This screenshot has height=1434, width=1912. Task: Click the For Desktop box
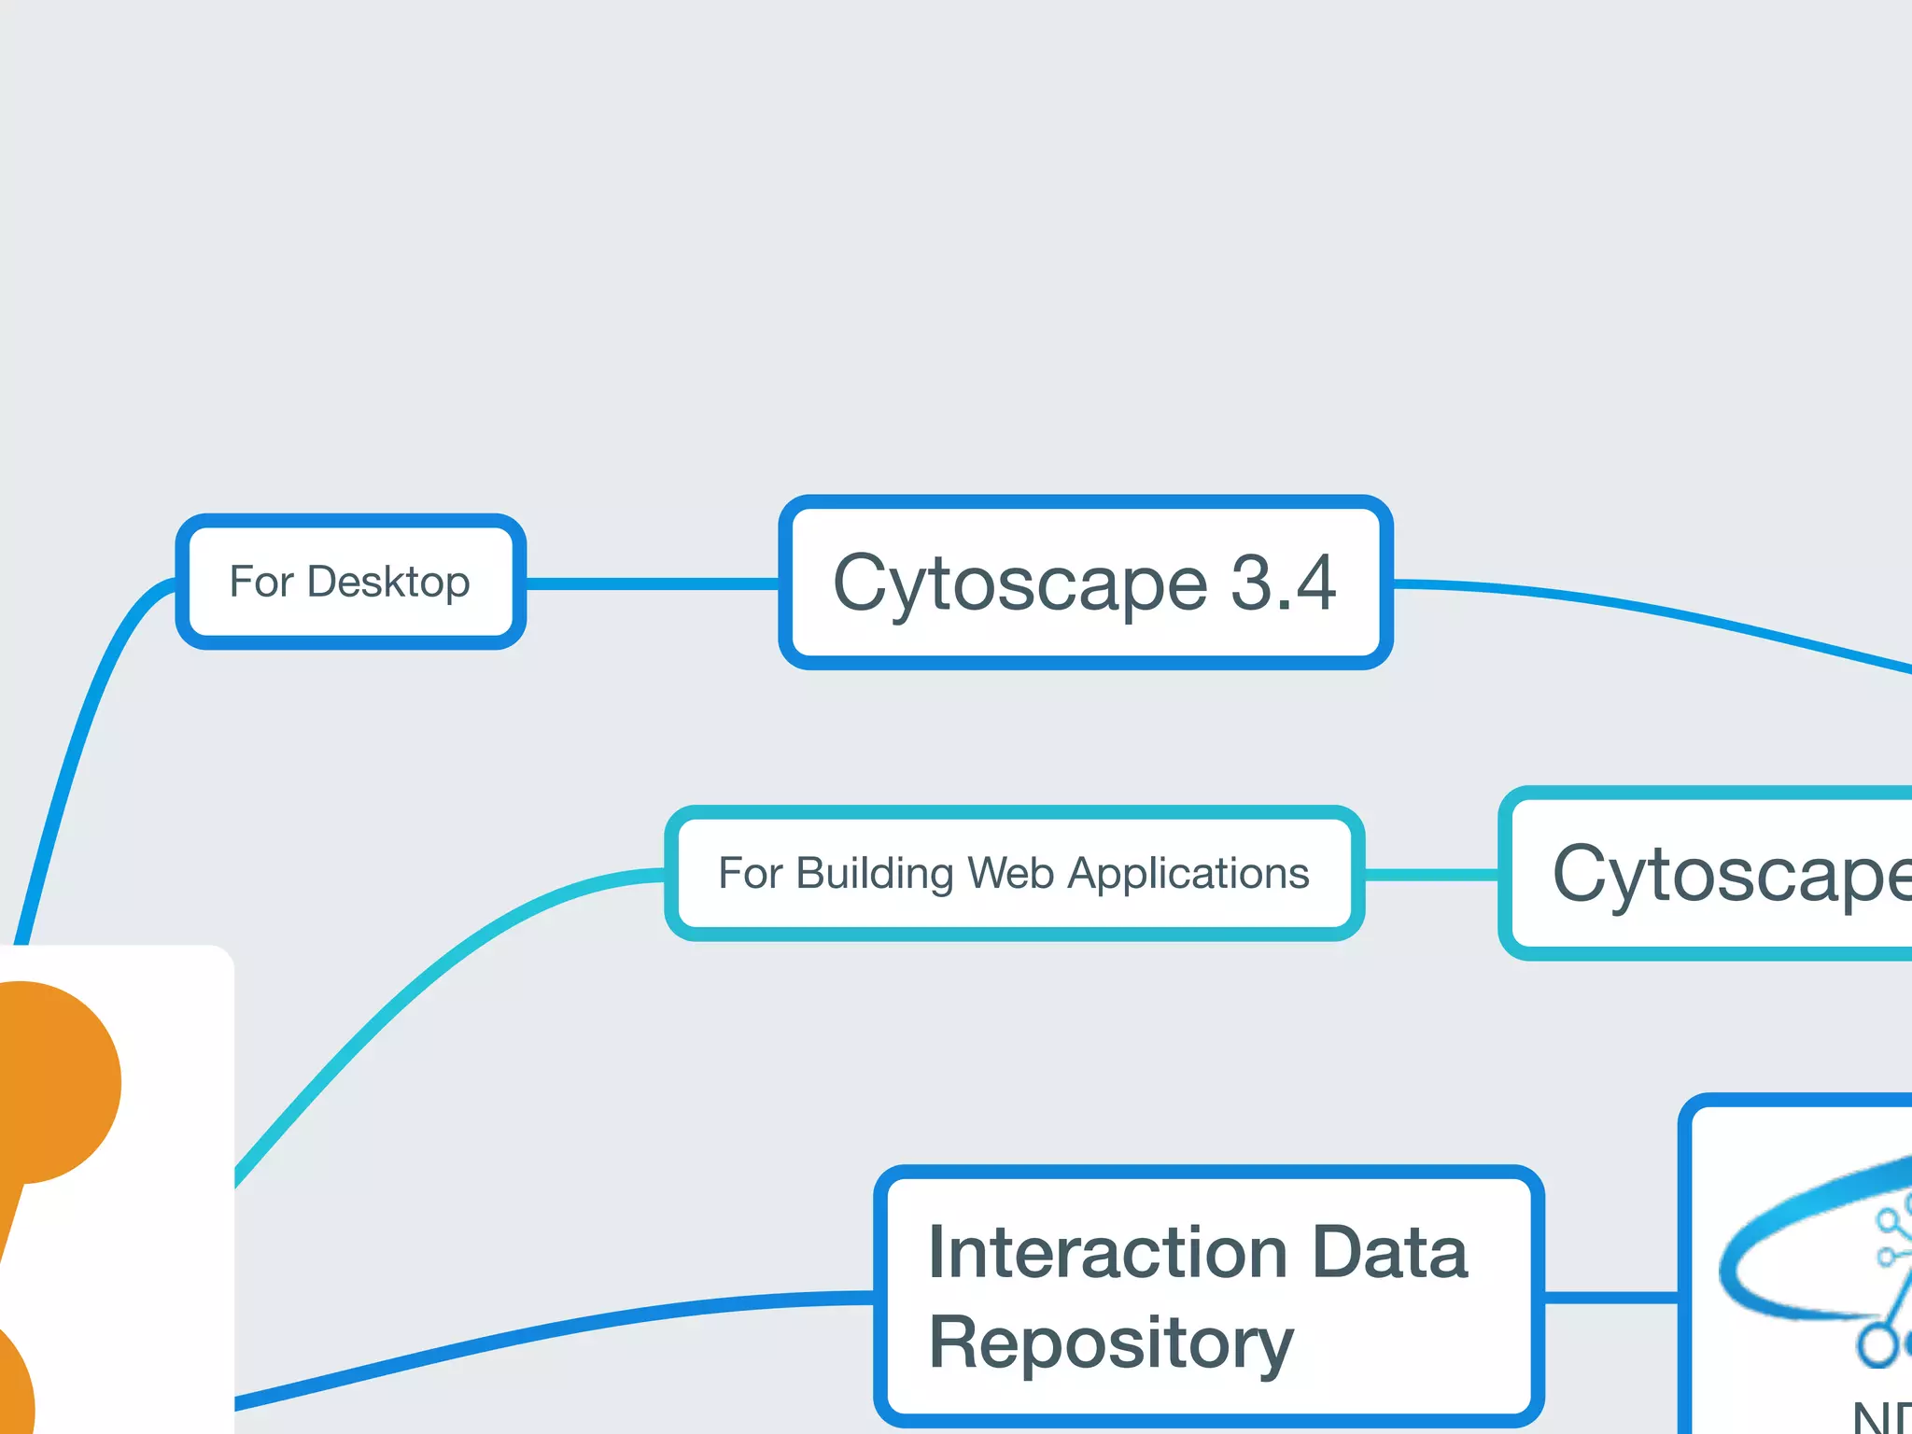pyautogui.click(x=350, y=581)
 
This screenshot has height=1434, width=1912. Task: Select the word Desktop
pyautogui.click(x=388, y=583)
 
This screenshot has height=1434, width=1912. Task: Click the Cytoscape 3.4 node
pyautogui.click(x=1085, y=583)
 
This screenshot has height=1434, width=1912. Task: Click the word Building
pyautogui.click(x=876, y=875)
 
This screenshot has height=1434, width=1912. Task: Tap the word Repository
pyautogui.click(x=1111, y=1343)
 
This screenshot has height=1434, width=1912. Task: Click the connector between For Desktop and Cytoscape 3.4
pyautogui.click(x=652, y=583)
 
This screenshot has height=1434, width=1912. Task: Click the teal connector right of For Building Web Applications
pyautogui.click(x=1430, y=875)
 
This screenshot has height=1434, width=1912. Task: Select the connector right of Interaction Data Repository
pyautogui.click(x=1610, y=1297)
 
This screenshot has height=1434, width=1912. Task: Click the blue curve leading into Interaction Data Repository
pyautogui.click(x=560, y=1329)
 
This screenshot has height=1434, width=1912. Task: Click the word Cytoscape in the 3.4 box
pyautogui.click(x=1019, y=584)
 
